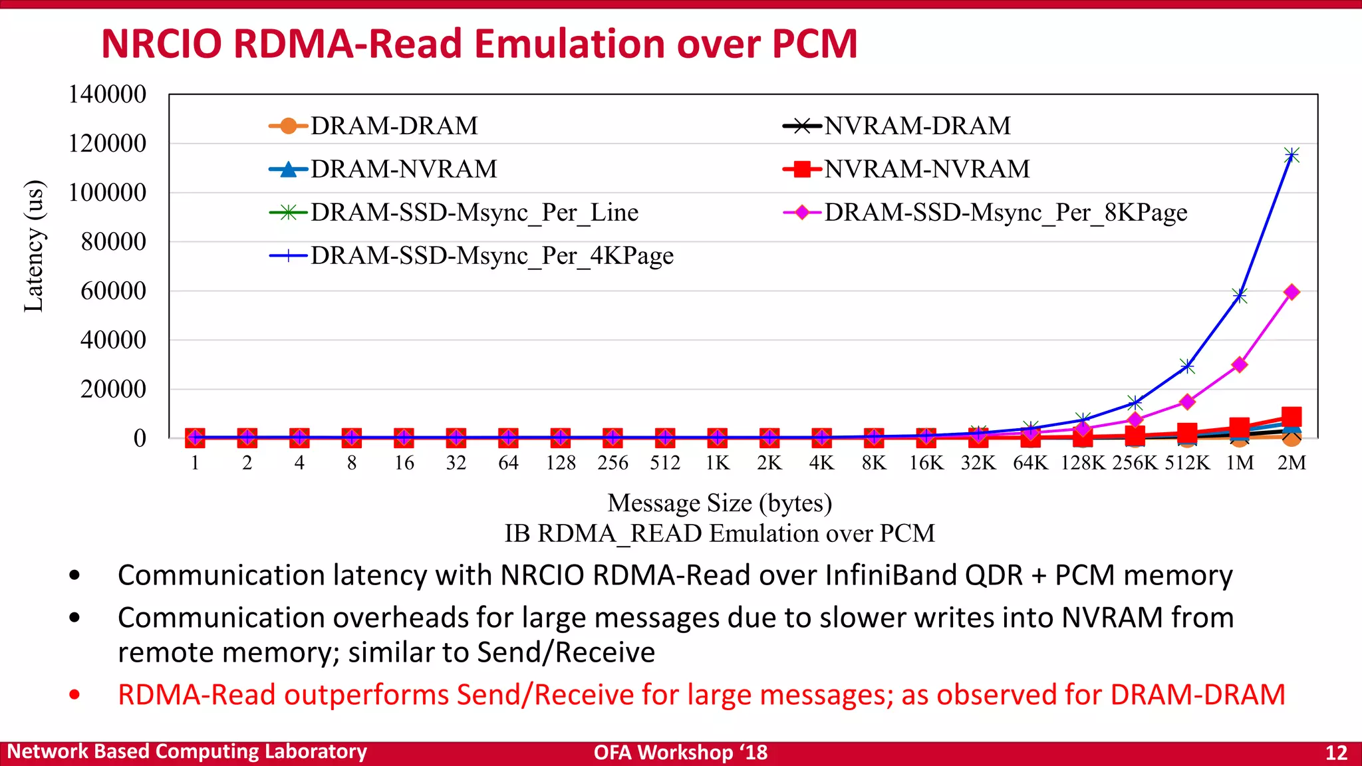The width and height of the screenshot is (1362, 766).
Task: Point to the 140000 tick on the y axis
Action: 107,94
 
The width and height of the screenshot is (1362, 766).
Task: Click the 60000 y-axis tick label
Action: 113,291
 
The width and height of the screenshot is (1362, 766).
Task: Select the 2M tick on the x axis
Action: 1292,463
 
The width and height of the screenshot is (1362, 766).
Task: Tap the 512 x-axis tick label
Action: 665,463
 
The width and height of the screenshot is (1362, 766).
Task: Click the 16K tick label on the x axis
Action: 926,463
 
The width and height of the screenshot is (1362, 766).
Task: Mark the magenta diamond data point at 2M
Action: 1292,292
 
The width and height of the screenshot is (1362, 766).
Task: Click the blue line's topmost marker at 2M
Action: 1292,156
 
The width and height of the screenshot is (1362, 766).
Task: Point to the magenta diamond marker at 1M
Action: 1239,364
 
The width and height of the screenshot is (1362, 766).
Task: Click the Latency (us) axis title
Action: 34,246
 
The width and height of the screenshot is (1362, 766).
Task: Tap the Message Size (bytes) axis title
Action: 720,503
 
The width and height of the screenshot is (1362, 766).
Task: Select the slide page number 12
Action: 1336,753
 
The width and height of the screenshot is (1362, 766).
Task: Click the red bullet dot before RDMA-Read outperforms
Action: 74,696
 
